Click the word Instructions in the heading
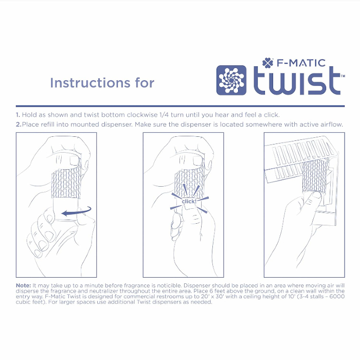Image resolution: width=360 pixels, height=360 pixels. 90,83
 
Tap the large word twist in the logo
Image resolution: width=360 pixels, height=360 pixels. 297,81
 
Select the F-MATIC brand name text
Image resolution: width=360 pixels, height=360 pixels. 301,63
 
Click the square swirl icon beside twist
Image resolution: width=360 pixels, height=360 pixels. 231,80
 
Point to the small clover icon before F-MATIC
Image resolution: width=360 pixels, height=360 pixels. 268,63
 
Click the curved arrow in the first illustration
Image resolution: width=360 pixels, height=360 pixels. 77,211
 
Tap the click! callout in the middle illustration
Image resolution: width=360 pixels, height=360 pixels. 189,202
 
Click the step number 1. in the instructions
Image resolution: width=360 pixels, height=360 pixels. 18,115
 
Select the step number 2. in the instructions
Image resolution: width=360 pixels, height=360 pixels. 19,124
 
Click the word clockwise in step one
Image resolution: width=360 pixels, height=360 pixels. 142,115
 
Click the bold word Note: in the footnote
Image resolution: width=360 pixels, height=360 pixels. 23,285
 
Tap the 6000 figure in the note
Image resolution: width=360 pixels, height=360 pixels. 337,296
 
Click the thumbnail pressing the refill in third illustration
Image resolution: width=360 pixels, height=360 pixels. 317,195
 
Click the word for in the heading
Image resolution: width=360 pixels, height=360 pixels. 145,83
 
